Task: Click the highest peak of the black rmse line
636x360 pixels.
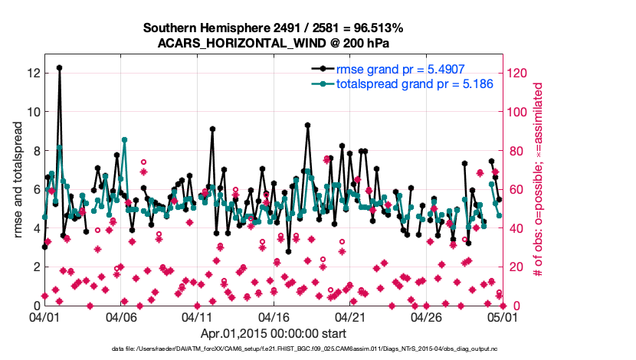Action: (59, 67)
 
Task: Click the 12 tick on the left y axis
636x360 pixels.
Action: (33, 73)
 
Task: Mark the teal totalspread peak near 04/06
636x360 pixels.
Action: (124, 139)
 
